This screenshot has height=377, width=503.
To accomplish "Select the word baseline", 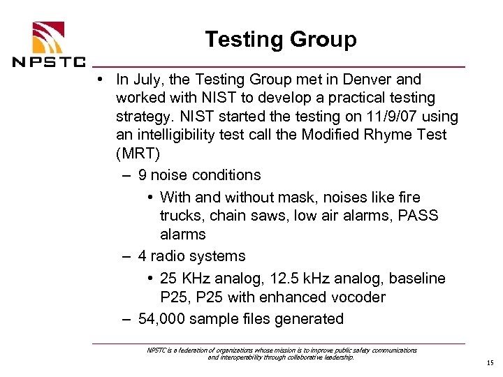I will point(417,279).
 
